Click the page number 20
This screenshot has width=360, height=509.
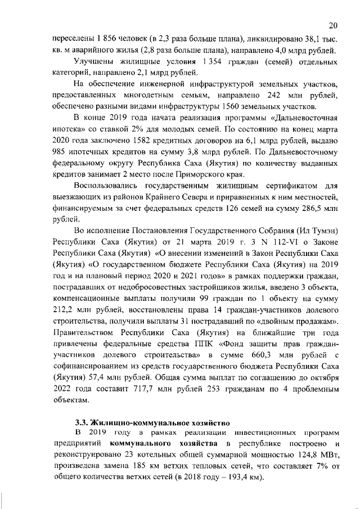point(332,25)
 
